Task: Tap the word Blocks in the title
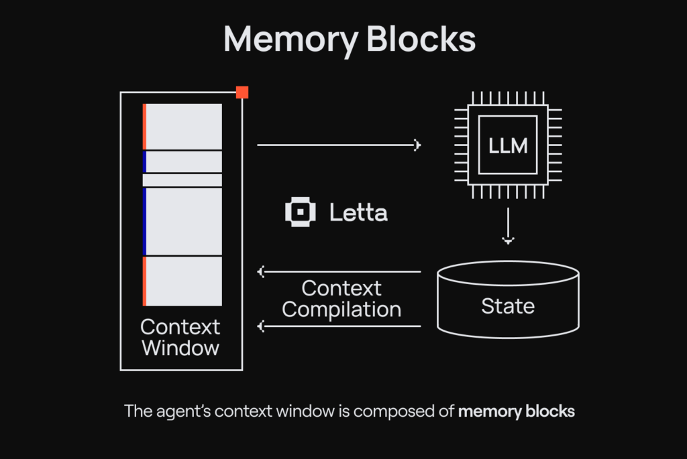[422, 40]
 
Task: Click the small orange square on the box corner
[242, 92]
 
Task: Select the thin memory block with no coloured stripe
[182, 180]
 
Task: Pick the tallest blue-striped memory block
[182, 221]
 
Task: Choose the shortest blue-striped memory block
[182, 161]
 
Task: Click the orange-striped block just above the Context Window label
[182, 281]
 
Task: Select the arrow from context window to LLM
[338, 145]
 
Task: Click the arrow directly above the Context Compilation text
[339, 271]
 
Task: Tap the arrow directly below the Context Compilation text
[339, 327]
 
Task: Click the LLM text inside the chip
[508, 145]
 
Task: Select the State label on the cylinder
[508, 306]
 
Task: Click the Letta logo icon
[300, 213]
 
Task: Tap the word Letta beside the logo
[358, 213]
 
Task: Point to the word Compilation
[341, 309]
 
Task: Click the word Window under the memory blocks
[180, 348]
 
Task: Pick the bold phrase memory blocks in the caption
[517, 411]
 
